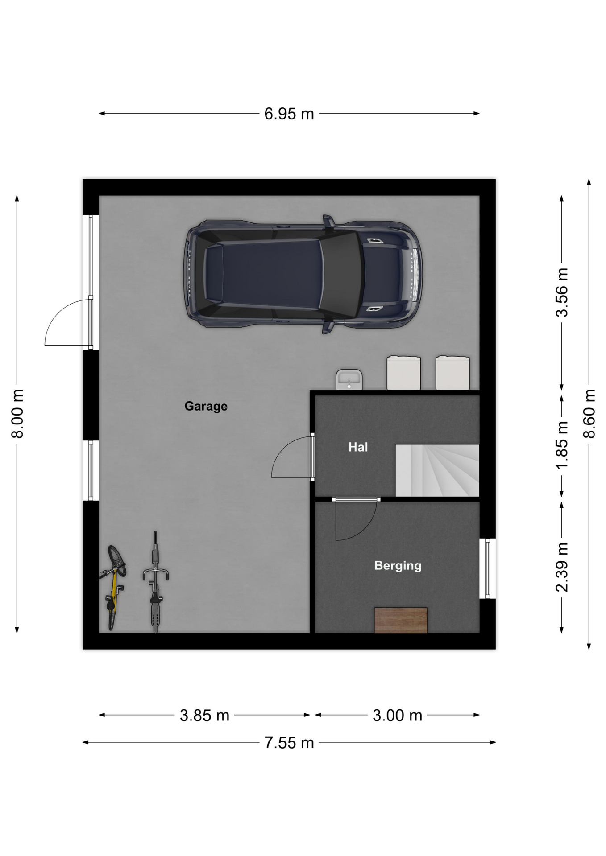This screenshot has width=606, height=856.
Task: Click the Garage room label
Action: (206, 406)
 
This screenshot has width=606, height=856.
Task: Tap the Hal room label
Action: (358, 447)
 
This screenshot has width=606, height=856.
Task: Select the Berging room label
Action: (398, 566)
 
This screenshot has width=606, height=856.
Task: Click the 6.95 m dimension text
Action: (289, 114)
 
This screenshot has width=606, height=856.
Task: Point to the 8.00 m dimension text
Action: (17, 414)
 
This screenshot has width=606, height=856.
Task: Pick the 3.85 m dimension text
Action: (204, 716)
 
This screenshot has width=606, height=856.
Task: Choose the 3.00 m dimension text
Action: (397, 716)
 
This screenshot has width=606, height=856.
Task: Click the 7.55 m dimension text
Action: (289, 743)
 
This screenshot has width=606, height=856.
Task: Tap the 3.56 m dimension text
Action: (562, 292)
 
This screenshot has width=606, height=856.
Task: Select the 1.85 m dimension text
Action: (562, 444)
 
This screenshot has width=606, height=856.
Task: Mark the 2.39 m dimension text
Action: (562, 567)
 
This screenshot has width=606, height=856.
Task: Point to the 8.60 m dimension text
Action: (589, 414)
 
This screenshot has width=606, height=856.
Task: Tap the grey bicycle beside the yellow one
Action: (155, 582)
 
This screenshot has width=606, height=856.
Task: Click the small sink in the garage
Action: (349, 379)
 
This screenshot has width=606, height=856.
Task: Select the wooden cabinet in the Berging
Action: (401, 620)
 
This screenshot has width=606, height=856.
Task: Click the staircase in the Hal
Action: (437, 470)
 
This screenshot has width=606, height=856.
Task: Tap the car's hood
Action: (384, 274)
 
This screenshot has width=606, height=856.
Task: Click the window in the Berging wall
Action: (488, 568)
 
